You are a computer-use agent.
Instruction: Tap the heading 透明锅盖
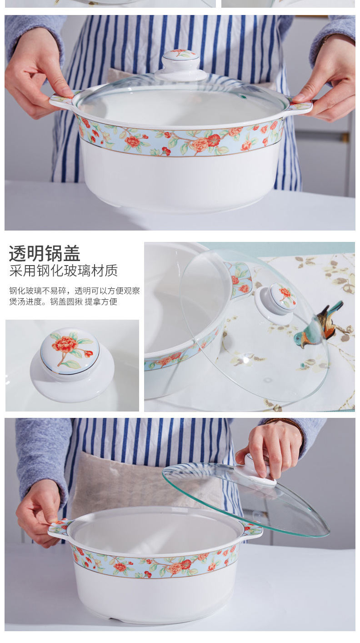45,254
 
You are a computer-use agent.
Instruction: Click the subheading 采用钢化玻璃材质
63,271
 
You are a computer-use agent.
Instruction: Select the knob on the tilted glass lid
276,302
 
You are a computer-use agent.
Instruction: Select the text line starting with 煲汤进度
63,302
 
